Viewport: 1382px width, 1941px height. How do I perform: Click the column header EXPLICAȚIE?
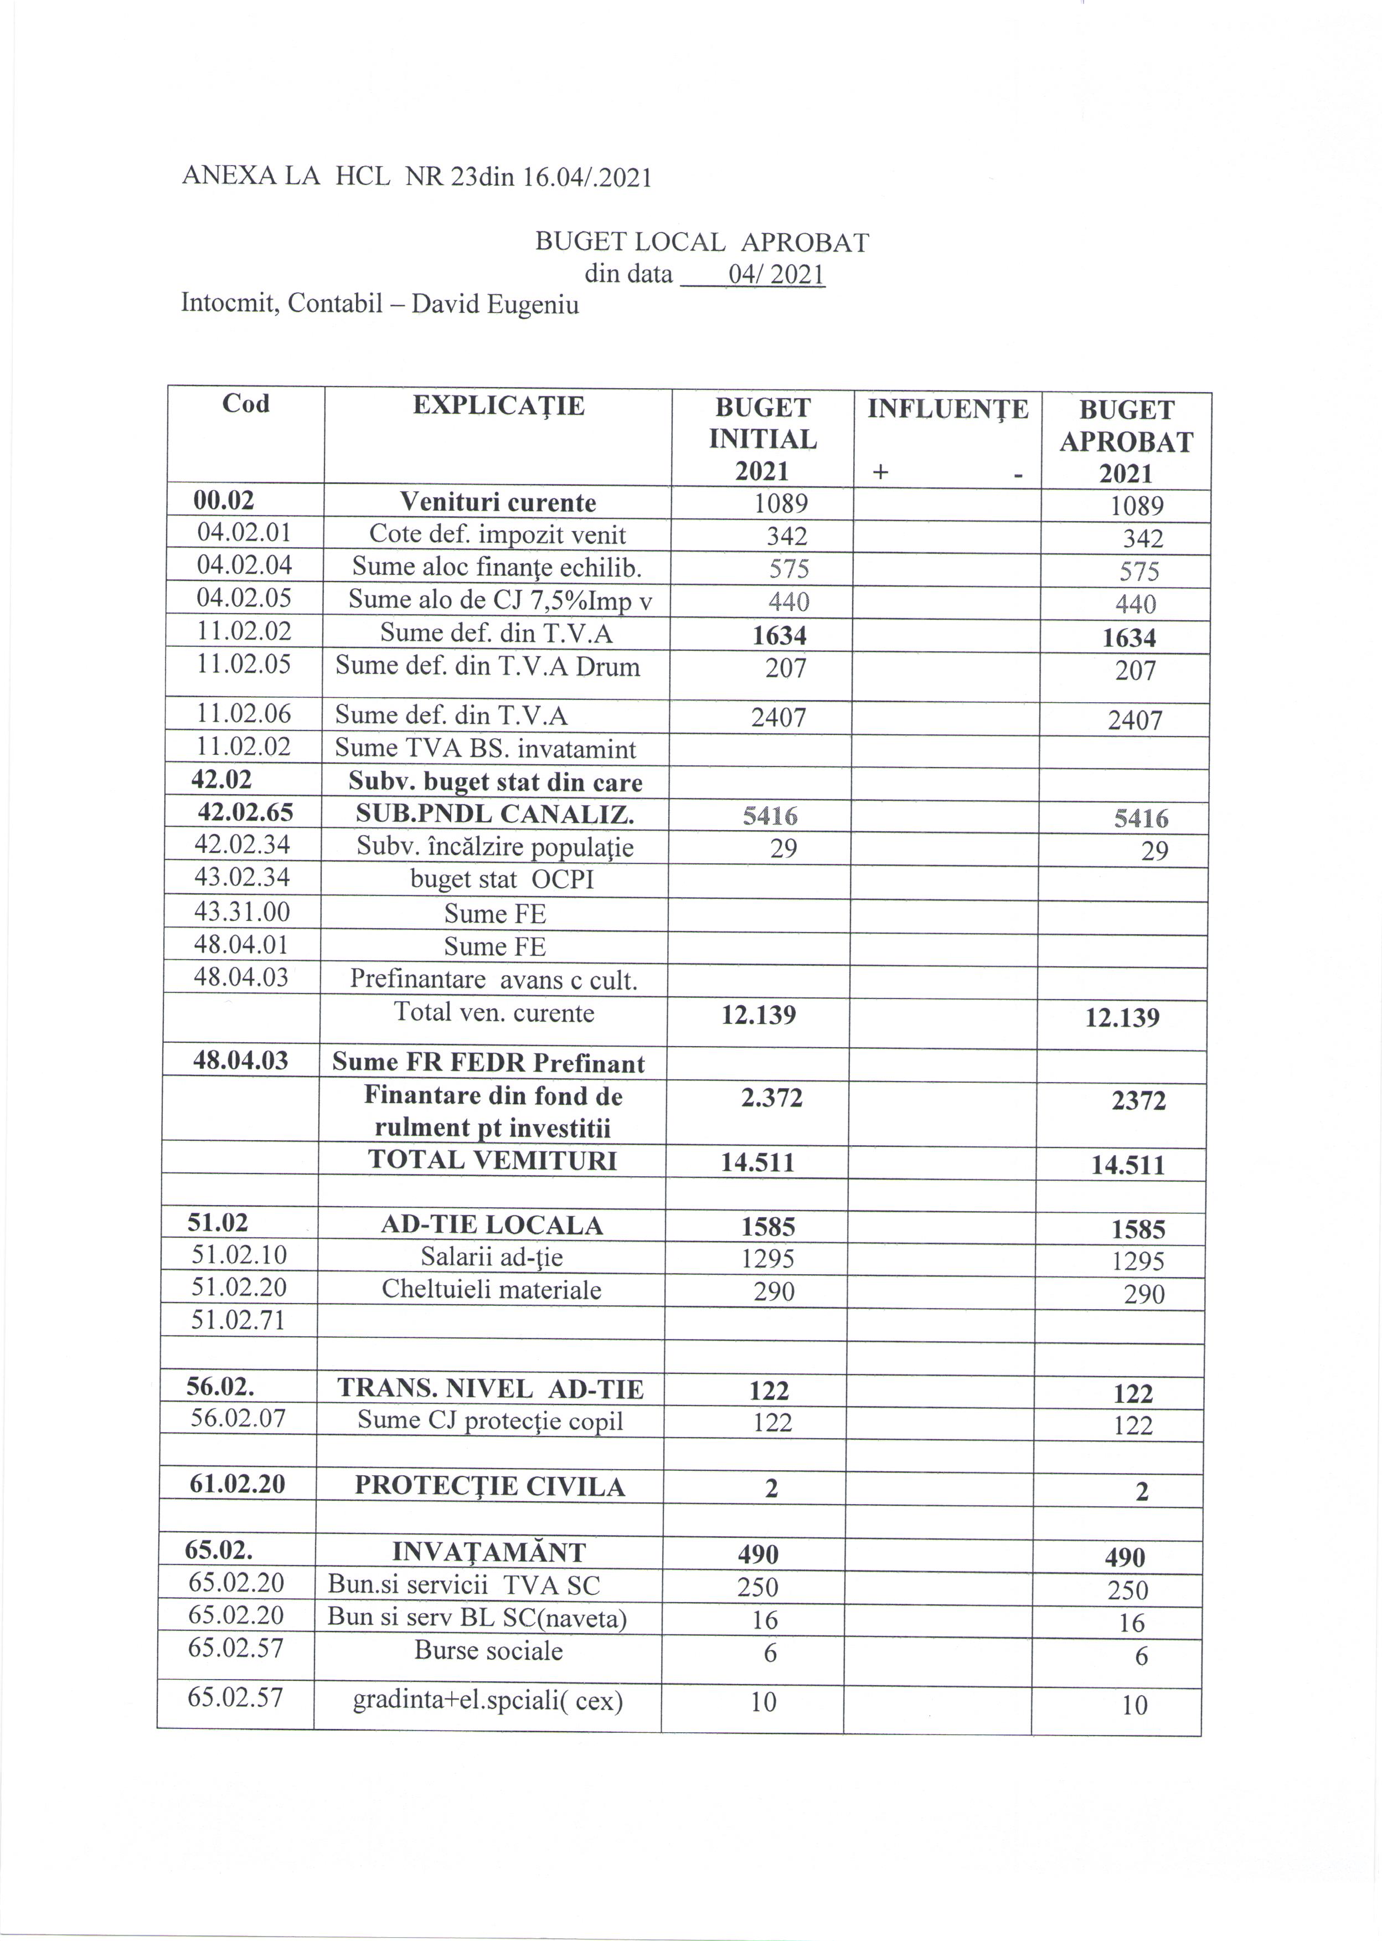[x=499, y=406]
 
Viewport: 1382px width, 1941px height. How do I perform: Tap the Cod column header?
[x=246, y=403]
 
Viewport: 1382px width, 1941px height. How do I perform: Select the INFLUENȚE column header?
[x=948, y=409]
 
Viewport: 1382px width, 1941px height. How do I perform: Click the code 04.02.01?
[x=244, y=533]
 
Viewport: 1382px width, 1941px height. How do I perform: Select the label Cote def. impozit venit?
[x=497, y=536]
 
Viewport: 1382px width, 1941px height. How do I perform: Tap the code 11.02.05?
[x=244, y=664]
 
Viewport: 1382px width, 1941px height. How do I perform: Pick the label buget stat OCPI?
[x=501, y=879]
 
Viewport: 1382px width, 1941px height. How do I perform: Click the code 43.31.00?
[x=241, y=912]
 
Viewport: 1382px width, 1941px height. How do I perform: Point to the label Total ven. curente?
[x=493, y=1013]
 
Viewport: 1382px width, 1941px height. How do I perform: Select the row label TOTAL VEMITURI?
[x=493, y=1161]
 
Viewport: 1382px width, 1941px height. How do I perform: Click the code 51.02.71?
[x=238, y=1321]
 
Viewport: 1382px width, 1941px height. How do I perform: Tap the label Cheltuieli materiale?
[x=491, y=1289]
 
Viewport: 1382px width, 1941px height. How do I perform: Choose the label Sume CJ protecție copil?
[x=490, y=1420]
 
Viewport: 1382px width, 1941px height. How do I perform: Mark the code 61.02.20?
[x=236, y=1485]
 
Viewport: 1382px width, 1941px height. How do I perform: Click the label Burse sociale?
[x=488, y=1651]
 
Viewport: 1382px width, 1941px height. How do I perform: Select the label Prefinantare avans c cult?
[x=493, y=980]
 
